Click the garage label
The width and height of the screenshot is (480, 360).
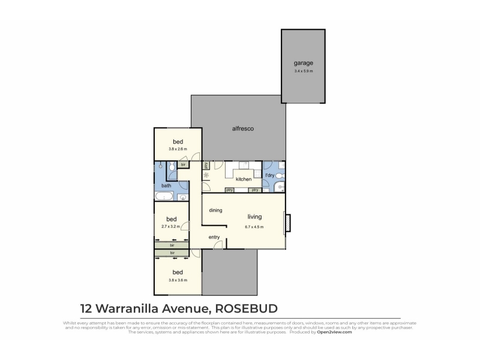(303, 63)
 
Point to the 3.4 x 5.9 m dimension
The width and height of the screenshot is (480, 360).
(303, 71)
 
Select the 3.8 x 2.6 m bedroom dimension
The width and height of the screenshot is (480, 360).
(178, 149)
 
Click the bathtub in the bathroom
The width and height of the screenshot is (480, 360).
(164, 197)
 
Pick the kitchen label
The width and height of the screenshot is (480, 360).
(243, 179)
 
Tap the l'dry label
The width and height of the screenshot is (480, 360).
(270, 176)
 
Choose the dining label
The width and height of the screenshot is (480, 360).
(215, 211)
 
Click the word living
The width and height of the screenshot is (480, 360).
(256, 217)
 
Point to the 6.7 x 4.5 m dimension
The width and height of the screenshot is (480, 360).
(256, 227)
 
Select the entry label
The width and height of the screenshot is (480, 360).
(214, 238)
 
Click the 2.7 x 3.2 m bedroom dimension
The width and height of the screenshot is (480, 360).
(171, 227)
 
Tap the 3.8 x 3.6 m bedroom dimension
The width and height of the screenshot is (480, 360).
(178, 280)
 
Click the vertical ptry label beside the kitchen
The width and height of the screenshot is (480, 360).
(205, 166)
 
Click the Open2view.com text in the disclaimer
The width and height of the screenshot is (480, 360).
(335, 332)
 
